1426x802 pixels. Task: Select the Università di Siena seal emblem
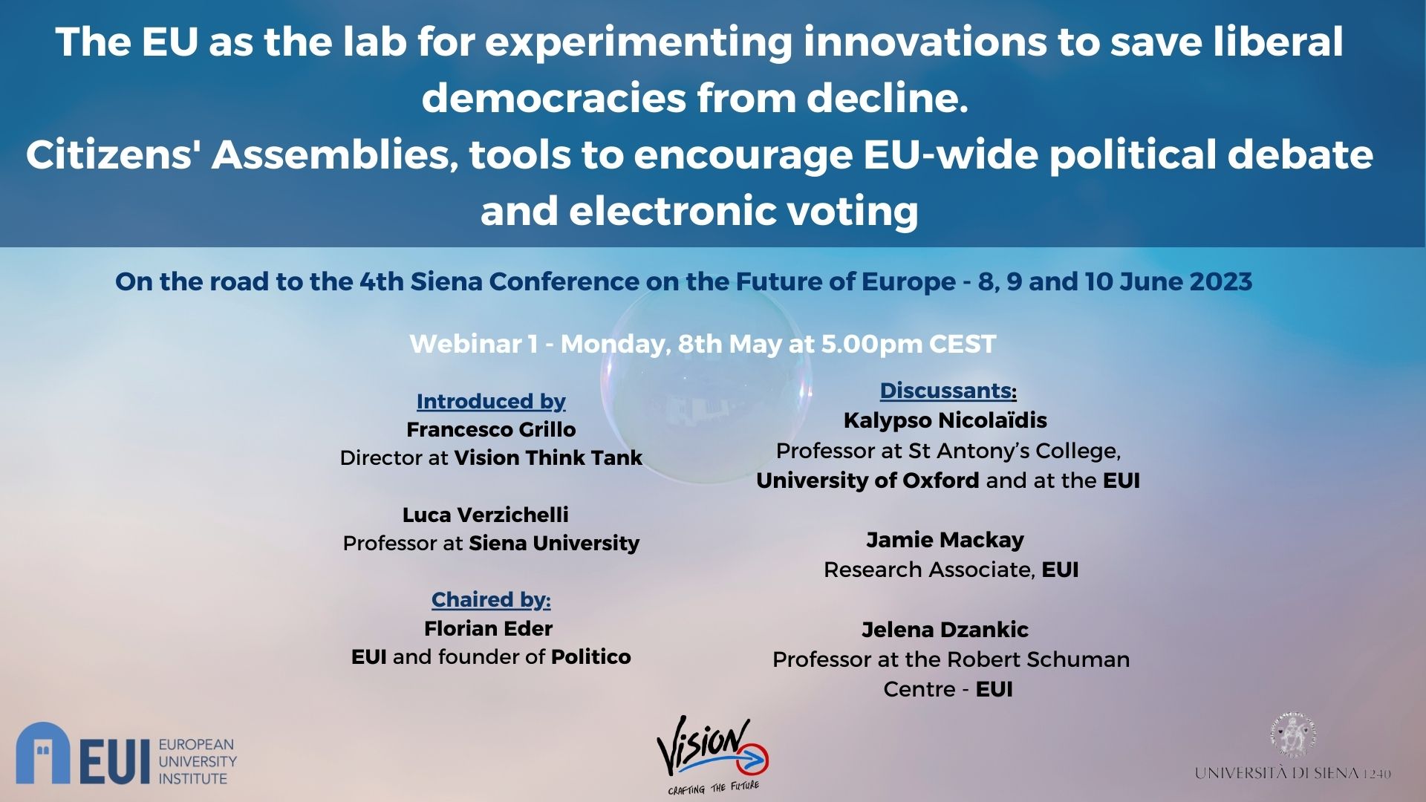pyautogui.click(x=1293, y=735)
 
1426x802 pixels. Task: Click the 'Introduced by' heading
pyautogui.click(x=491, y=402)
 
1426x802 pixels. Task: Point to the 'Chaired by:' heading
pyautogui.click(x=491, y=599)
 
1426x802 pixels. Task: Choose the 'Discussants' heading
pyautogui.click(x=945, y=391)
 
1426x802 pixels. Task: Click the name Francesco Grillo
pyautogui.click(x=491, y=430)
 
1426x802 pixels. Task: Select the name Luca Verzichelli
pyautogui.click(x=486, y=515)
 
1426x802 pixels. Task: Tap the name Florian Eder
pyautogui.click(x=489, y=628)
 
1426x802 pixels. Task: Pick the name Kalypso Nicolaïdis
pyautogui.click(x=945, y=420)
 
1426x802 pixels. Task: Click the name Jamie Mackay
pyautogui.click(x=945, y=540)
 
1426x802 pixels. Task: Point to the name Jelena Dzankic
pyautogui.click(x=945, y=630)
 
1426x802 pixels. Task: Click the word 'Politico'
pyautogui.click(x=591, y=656)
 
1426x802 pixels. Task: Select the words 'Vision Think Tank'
pyautogui.click(x=548, y=457)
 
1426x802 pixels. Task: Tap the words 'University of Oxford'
pyautogui.click(x=867, y=480)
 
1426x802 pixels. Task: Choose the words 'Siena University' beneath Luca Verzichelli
pyautogui.click(x=554, y=544)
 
